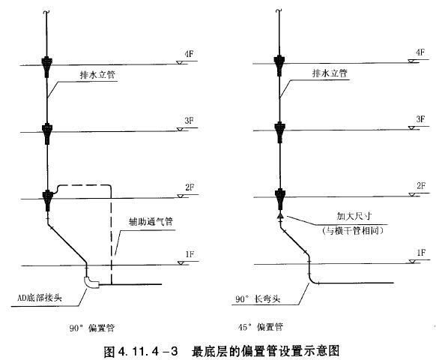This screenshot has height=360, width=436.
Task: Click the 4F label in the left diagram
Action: tap(189, 54)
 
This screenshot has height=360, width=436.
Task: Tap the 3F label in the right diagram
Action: tap(420, 119)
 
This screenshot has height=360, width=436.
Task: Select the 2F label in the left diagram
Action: tap(190, 187)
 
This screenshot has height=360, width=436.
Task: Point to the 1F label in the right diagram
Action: tap(421, 253)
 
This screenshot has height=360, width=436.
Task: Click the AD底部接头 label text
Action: tap(40, 298)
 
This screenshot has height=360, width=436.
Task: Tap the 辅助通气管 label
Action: tap(151, 221)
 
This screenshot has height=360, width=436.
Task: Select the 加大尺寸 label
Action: tap(354, 216)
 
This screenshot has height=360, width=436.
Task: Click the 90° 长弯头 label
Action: tap(258, 299)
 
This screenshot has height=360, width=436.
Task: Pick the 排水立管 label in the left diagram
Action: tap(97, 74)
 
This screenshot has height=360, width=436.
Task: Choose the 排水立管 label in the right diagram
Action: tap(330, 73)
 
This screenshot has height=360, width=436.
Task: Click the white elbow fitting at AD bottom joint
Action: tap(91, 282)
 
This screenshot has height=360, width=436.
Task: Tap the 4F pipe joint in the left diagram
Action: tap(47, 66)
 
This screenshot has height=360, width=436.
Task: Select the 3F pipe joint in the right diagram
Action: tap(279, 132)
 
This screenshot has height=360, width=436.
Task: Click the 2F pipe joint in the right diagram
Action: tap(279, 199)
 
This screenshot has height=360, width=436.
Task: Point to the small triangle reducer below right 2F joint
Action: tap(280, 215)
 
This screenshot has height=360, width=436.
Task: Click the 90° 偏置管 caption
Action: tap(92, 328)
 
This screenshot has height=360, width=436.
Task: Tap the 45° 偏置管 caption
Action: tap(261, 326)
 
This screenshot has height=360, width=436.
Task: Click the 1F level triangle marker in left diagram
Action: tap(181, 262)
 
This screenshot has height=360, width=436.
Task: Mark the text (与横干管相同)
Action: tap(353, 230)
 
